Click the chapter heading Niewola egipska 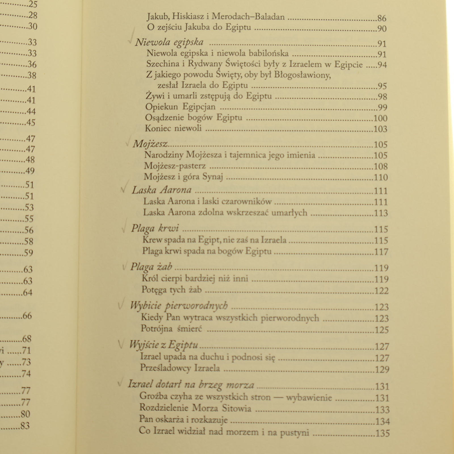(x=169, y=42)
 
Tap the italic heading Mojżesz (x=150, y=144)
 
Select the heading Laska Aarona (x=161, y=190)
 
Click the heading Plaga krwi (x=155, y=228)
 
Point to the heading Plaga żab (x=151, y=267)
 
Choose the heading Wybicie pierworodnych (x=179, y=305)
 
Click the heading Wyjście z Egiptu (x=163, y=345)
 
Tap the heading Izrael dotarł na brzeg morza (x=191, y=384)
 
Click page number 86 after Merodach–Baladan (x=382, y=18)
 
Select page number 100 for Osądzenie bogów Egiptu (x=381, y=118)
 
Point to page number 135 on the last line (x=383, y=433)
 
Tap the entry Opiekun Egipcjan (x=180, y=107)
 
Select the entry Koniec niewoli (x=173, y=128)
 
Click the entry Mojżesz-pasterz (x=175, y=166)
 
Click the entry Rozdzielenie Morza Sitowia (x=195, y=408)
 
